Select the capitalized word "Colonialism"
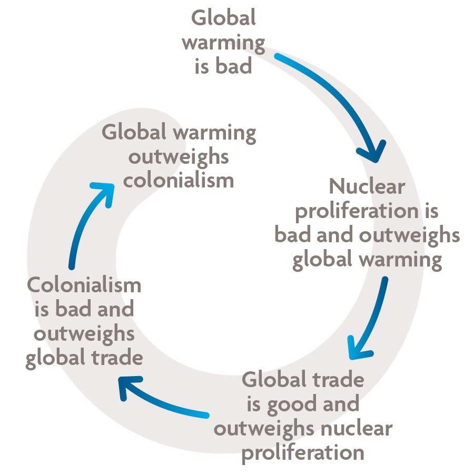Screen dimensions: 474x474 84,285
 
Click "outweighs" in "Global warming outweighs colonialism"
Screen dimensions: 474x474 179,156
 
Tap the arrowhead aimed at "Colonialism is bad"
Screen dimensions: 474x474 126,387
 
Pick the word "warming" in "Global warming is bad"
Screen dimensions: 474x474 223,43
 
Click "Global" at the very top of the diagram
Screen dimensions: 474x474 223,18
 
